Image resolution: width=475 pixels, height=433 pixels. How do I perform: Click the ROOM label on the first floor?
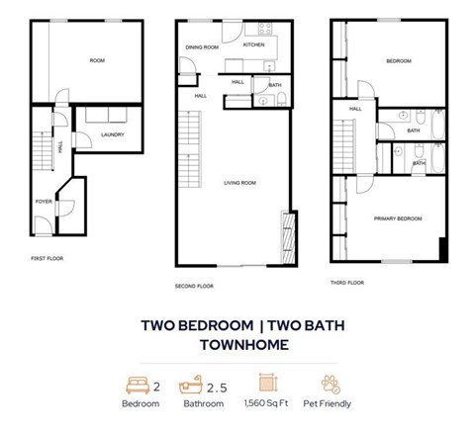[x=97, y=60]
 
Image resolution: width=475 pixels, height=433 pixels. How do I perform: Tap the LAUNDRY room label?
[x=112, y=135]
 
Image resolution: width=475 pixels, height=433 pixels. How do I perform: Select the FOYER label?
[x=44, y=202]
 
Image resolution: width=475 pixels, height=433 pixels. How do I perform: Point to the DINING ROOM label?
[x=203, y=46]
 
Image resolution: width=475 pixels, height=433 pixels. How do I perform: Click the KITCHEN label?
[x=254, y=44]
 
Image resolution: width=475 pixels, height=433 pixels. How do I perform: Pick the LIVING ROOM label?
[x=240, y=183]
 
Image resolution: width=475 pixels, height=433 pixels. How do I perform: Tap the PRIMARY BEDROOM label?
[x=398, y=218]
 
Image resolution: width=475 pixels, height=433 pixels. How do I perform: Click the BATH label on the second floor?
[x=274, y=86]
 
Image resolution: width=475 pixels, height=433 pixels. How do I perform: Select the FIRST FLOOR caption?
[x=47, y=258]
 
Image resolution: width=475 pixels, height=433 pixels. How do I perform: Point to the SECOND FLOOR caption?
[x=193, y=286]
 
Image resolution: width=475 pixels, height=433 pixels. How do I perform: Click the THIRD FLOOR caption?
[x=347, y=283]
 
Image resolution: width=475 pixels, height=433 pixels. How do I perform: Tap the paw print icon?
[x=331, y=384]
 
